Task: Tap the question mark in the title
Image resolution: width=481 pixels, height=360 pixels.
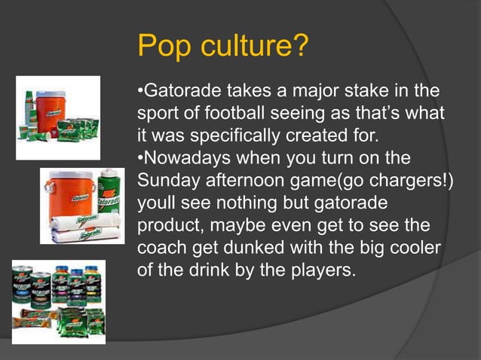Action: click(300, 48)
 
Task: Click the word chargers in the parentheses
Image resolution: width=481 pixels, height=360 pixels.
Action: click(406, 182)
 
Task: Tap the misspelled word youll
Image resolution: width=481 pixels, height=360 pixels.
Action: click(155, 204)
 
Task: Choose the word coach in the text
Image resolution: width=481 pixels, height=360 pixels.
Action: click(161, 248)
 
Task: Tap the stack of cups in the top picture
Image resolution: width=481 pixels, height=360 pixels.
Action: click(30, 113)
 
